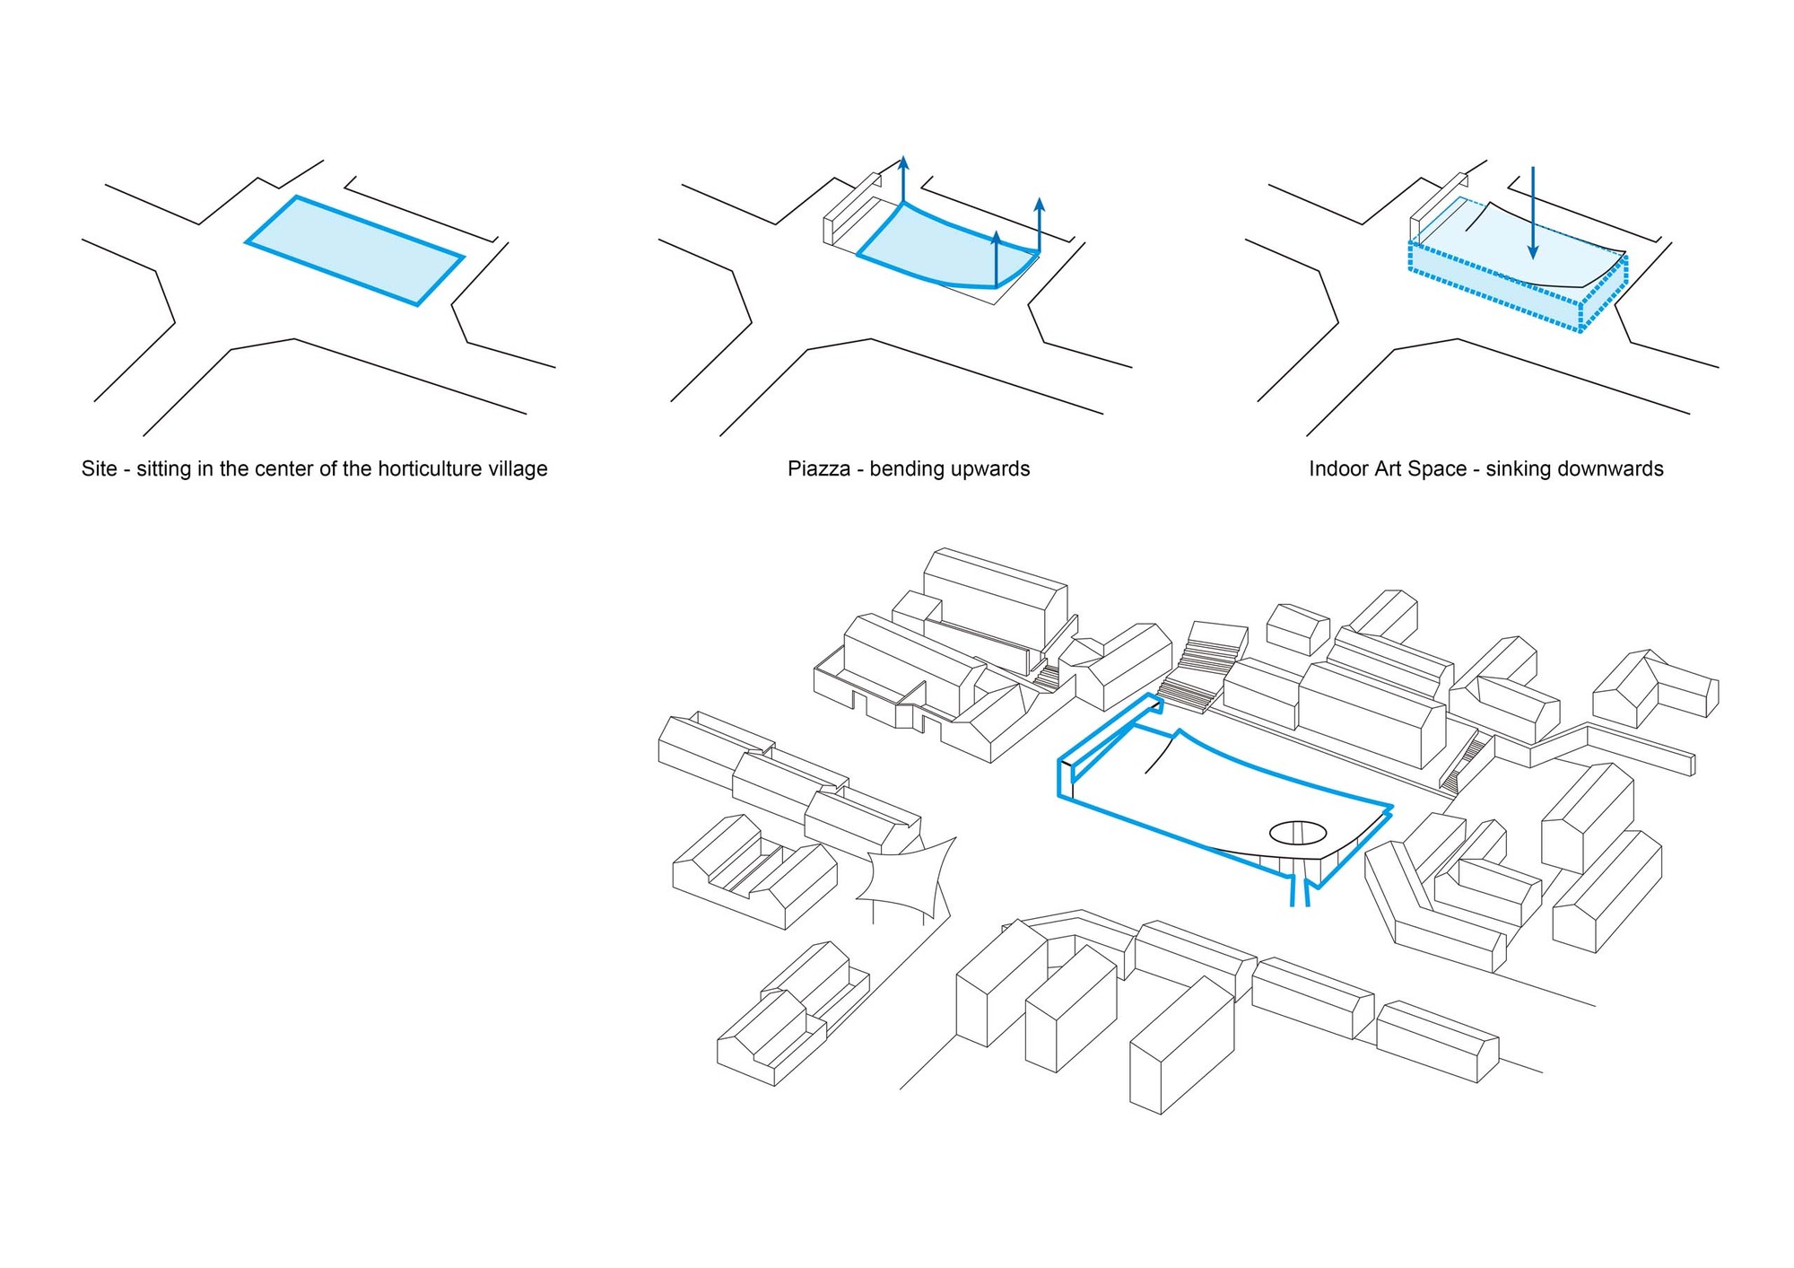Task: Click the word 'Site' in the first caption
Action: click(x=99, y=468)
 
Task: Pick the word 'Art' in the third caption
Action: click(x=1393, y=468)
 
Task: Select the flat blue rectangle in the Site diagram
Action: click(x=355, y=250)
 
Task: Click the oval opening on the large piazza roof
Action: click(x=1297, y=833)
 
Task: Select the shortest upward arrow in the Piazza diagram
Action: click(x=996, y=259)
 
